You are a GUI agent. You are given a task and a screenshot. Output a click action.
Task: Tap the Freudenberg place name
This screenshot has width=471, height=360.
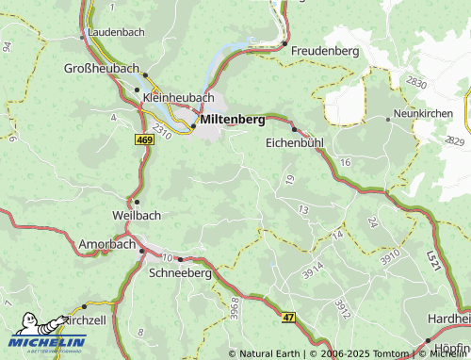point(325,50)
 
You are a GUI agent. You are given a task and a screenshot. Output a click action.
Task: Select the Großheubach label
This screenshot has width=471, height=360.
point(101,69)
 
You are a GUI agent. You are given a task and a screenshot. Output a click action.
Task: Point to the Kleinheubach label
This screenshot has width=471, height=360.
point(178,97)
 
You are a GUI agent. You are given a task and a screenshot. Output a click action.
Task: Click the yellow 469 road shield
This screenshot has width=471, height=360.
point(144,139)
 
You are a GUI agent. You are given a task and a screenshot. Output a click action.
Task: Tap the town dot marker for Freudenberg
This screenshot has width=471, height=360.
point(284,42)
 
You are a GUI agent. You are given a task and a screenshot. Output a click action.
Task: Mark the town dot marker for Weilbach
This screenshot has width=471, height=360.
point(137,201)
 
